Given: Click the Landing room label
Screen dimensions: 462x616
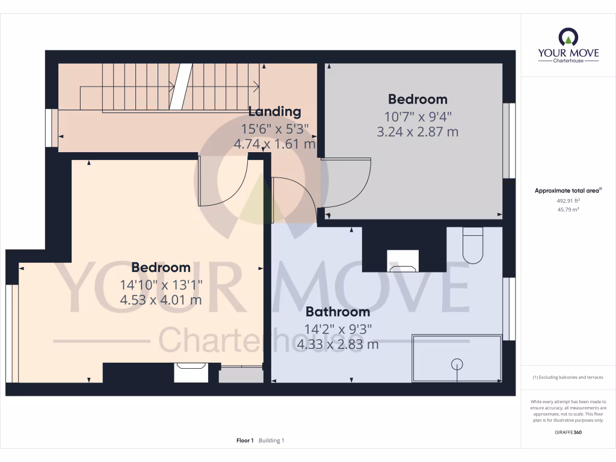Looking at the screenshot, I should (x=274, y=111).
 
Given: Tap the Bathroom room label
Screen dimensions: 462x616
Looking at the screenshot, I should (x=337, y=312).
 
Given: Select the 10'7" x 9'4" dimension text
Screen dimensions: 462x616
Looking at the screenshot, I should (x=417, y=116).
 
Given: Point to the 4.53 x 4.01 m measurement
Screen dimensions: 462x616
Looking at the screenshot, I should (x=161, y=300).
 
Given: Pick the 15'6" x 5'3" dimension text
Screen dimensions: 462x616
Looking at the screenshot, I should (x=274, y=128).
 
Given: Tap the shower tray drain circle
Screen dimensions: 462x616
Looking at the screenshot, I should (x=457, y=363).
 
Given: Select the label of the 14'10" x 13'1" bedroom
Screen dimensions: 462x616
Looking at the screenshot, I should (x=161, y=267).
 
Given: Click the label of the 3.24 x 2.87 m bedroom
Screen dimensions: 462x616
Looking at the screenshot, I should (x=417, y=99).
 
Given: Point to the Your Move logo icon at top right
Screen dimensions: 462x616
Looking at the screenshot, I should (x=568, y=37).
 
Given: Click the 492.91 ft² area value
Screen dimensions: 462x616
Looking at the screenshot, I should (x=568, y=201).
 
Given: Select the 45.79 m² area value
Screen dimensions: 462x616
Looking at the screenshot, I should (x=568, y=210).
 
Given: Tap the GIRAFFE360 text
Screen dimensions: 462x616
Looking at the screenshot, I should (x=568, y=433).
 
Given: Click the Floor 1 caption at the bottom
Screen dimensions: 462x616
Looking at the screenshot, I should (x=245, y=441).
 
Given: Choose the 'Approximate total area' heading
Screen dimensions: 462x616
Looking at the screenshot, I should (x=568, y=191).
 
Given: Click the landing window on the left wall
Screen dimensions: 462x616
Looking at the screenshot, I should (x=55, y=128).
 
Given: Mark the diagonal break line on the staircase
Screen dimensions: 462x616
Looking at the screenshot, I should (x=180, y=87).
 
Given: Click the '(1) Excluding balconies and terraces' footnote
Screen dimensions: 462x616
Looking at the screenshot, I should (x=568, y=377).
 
